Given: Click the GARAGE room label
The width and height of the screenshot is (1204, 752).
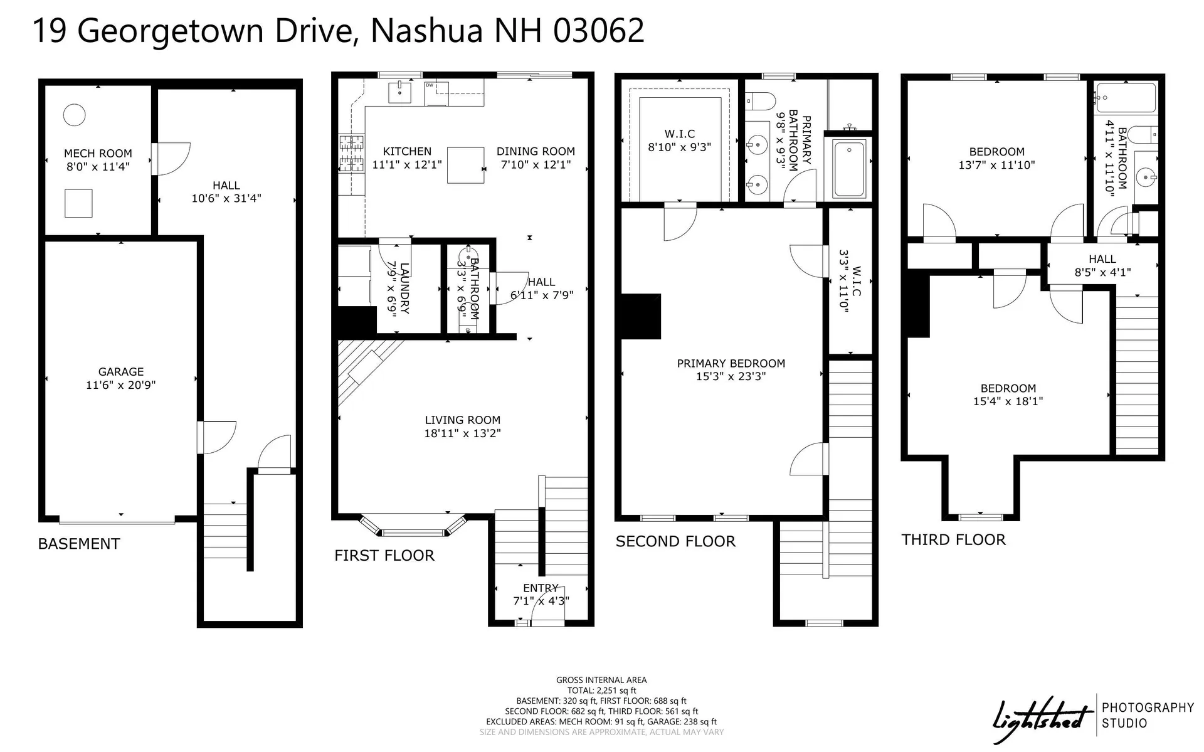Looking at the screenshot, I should click(x=120, y=371).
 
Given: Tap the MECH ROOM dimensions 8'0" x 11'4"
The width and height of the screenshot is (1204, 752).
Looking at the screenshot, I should click(x=98, y=167).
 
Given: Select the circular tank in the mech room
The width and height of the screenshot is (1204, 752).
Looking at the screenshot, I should click(x=74, y=115).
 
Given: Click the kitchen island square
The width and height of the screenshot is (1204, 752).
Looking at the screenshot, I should click(x=465, y=166).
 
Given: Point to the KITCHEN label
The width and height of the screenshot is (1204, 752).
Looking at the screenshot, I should click(x=407, y=151).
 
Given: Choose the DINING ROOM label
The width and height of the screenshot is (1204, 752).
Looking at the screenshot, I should click(x=536, y=151).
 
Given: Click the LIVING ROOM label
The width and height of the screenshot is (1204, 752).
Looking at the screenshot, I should click(x=462, y=420).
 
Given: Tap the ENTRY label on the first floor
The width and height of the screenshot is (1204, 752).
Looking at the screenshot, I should click(x=541, y=588).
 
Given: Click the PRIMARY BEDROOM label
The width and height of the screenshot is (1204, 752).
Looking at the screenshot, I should click(x=731, y=363).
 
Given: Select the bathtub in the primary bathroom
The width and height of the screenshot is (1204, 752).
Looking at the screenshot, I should click(x=848, y=168).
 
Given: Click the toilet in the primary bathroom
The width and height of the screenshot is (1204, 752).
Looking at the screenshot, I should click(x=761, y=100).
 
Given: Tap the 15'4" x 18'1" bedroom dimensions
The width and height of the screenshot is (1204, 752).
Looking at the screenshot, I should click(x=1008, y=401).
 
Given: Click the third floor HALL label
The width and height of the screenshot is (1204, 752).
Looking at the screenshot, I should click(x=1102, y=259).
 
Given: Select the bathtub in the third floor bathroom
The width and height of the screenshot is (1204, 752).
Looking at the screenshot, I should click(x=1126, y=98).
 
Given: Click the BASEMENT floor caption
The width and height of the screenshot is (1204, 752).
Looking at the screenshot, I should click(x=79, y=544).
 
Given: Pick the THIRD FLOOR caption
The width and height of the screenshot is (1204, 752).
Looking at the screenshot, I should click(x=953, y=540).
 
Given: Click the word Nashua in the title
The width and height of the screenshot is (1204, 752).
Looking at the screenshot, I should click(x=426, y=30).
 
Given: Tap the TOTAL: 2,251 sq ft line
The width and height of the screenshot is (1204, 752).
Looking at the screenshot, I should click(x=601, y=690).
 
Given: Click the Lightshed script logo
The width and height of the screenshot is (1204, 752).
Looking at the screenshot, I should click(x=1040, y=721).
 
